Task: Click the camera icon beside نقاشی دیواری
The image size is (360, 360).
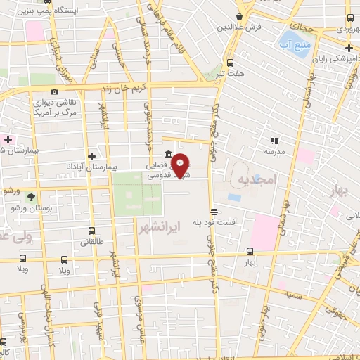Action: point(54,91)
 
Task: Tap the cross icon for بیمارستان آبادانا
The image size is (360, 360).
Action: point(91,155)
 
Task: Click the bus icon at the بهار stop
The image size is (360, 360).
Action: point(250,251)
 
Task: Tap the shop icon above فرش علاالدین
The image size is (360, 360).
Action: point(240,16)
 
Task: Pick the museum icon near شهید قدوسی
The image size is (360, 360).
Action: point(168,155)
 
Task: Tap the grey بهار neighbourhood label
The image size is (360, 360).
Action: point(342,192)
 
